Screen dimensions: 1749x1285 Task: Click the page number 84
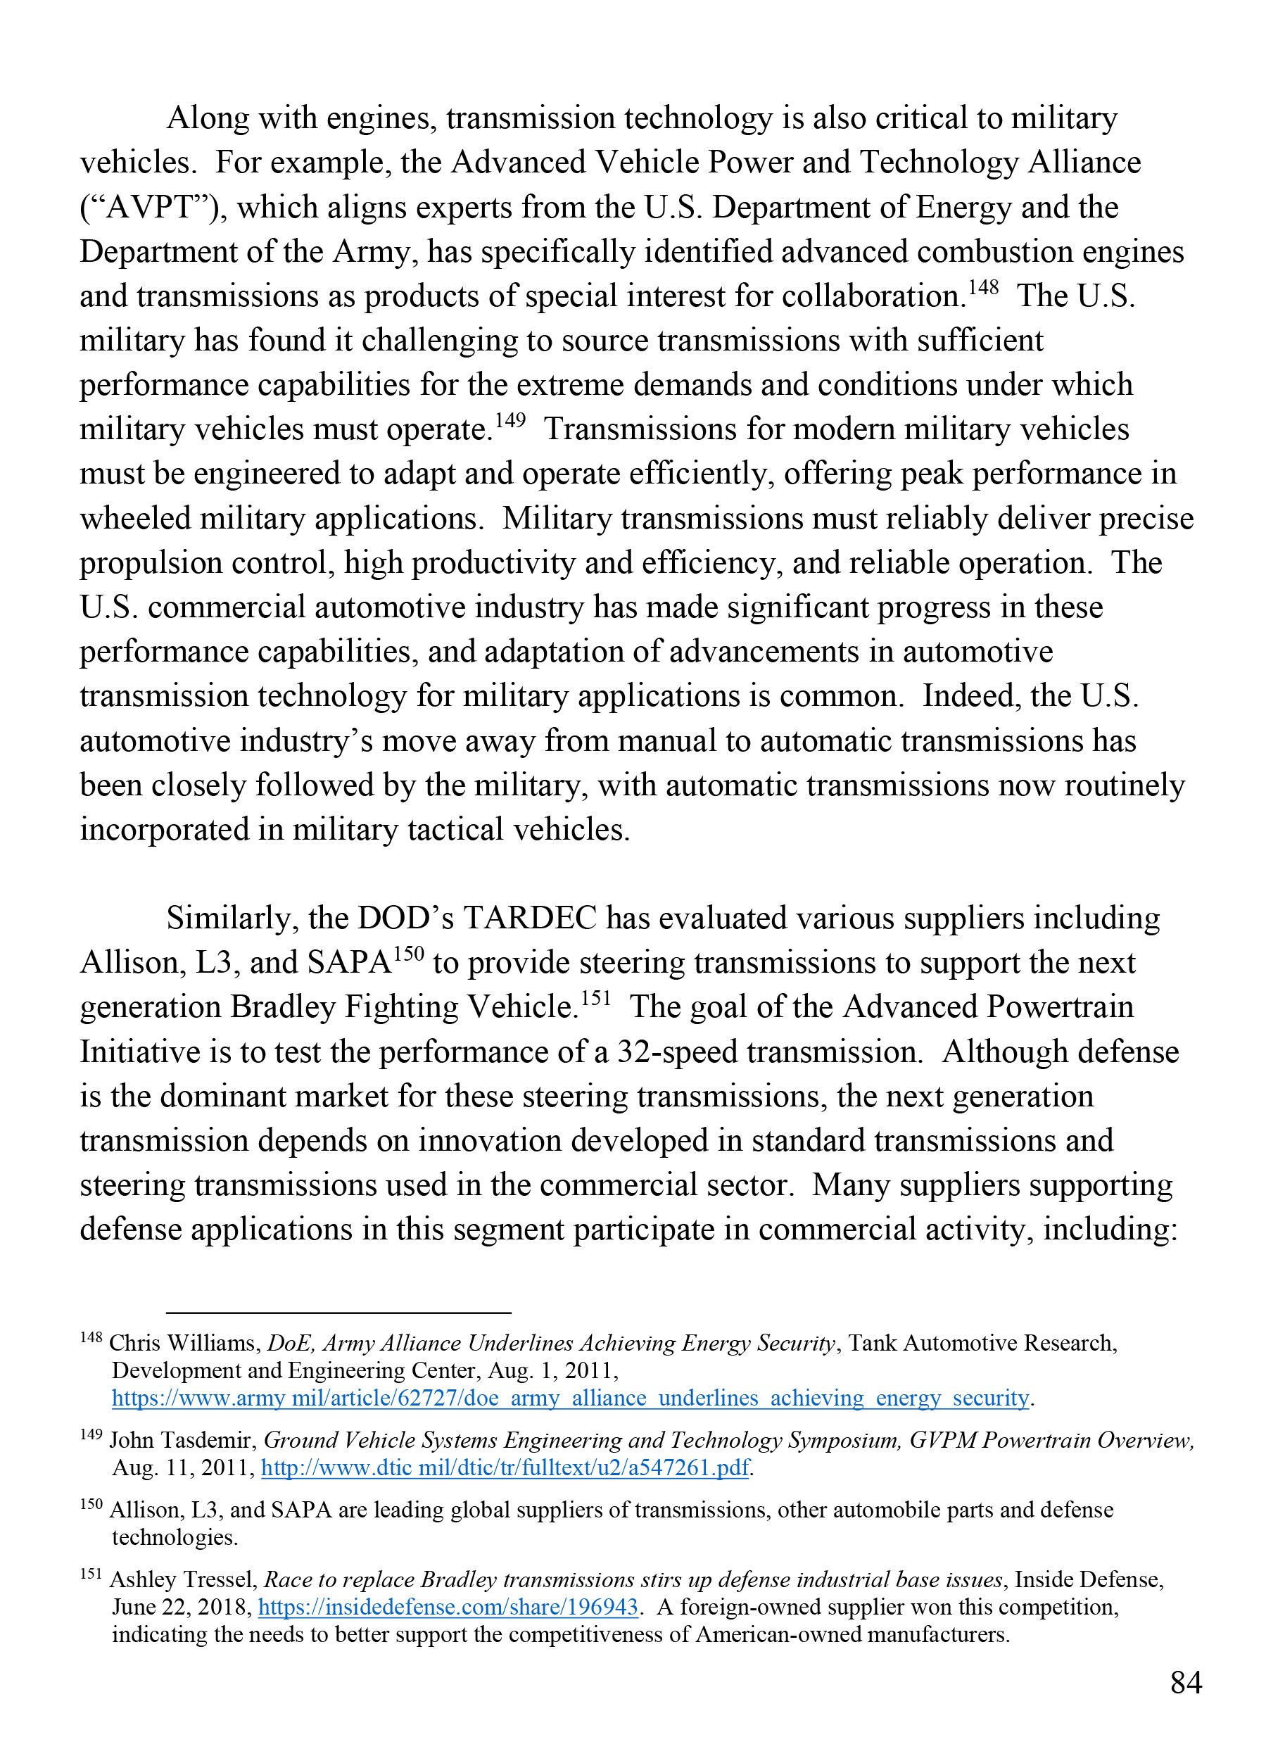tap(1186, 1682)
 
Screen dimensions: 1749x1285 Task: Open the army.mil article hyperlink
tap(570, 1398)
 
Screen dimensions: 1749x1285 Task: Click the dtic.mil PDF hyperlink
tap(505, 1467)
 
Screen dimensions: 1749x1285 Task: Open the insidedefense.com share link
tap(448, 1607)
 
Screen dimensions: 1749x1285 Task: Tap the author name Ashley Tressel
tap(183, 1579)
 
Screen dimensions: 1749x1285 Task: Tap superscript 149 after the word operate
tap(510, 421)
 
